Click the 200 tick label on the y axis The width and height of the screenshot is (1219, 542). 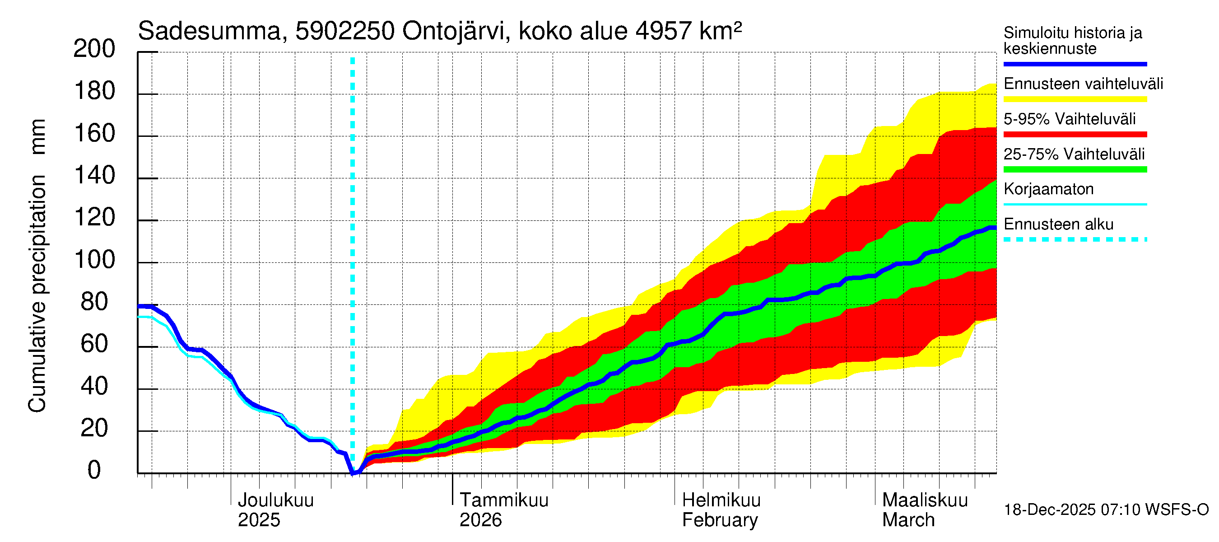pos(94,49)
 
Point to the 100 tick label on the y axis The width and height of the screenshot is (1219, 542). pos(94,260)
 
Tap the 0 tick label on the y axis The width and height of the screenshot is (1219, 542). pos(94,470)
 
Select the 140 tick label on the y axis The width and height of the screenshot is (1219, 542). pos(94,176)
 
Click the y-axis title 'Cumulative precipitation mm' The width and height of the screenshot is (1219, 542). pos(37,265)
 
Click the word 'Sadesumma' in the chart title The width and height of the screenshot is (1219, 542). pos(209,31)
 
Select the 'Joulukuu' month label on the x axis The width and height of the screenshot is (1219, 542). pos(275,500)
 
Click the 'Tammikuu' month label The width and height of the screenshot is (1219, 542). pos(504,500)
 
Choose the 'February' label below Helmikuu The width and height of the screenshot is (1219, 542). pos(720,520)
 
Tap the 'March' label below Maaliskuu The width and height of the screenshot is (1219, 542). pos(908,520)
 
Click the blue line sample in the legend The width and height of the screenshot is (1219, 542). pos(1075,64)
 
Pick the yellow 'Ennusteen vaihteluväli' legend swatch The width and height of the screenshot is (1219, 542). pos(1075,99)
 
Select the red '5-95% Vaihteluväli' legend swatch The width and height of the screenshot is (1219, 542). pos(1075,135)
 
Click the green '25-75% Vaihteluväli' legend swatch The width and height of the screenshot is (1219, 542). pos(1075,169)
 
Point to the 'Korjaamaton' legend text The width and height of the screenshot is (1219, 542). pos(1049,189)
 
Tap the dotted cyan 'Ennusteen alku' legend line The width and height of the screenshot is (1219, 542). pos(1075,239)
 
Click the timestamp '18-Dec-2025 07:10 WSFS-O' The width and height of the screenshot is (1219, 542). pos(1106,510)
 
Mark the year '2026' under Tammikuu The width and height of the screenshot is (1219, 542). pos(480,520)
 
